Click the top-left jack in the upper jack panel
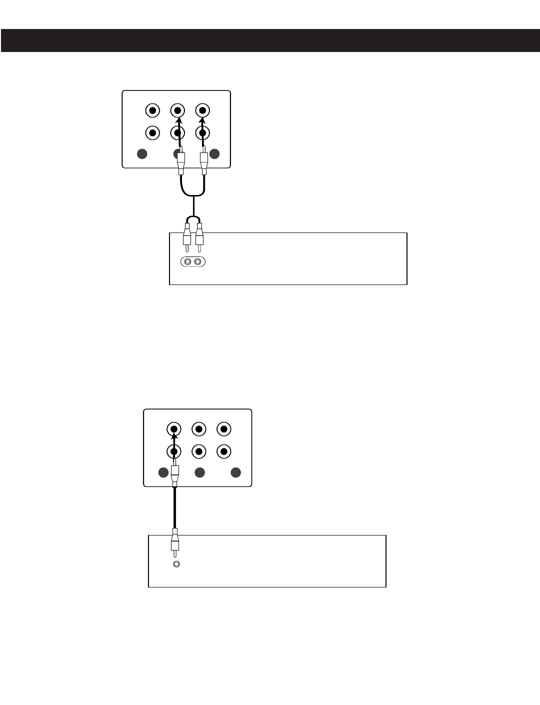[152, 110]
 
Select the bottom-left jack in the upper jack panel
[152, 133]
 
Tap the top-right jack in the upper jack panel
[202, 110]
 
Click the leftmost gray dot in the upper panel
[142, 154]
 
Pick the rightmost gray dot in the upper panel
[214, 154]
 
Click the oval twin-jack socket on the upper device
[193, 262]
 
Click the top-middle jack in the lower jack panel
[199, 429]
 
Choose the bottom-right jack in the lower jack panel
[224, 451]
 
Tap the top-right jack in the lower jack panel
[224, 429]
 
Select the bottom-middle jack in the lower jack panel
[199, 451]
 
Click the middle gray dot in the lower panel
[199, 472]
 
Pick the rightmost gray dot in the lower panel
[236, 472]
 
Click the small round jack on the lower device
[175, 564]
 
